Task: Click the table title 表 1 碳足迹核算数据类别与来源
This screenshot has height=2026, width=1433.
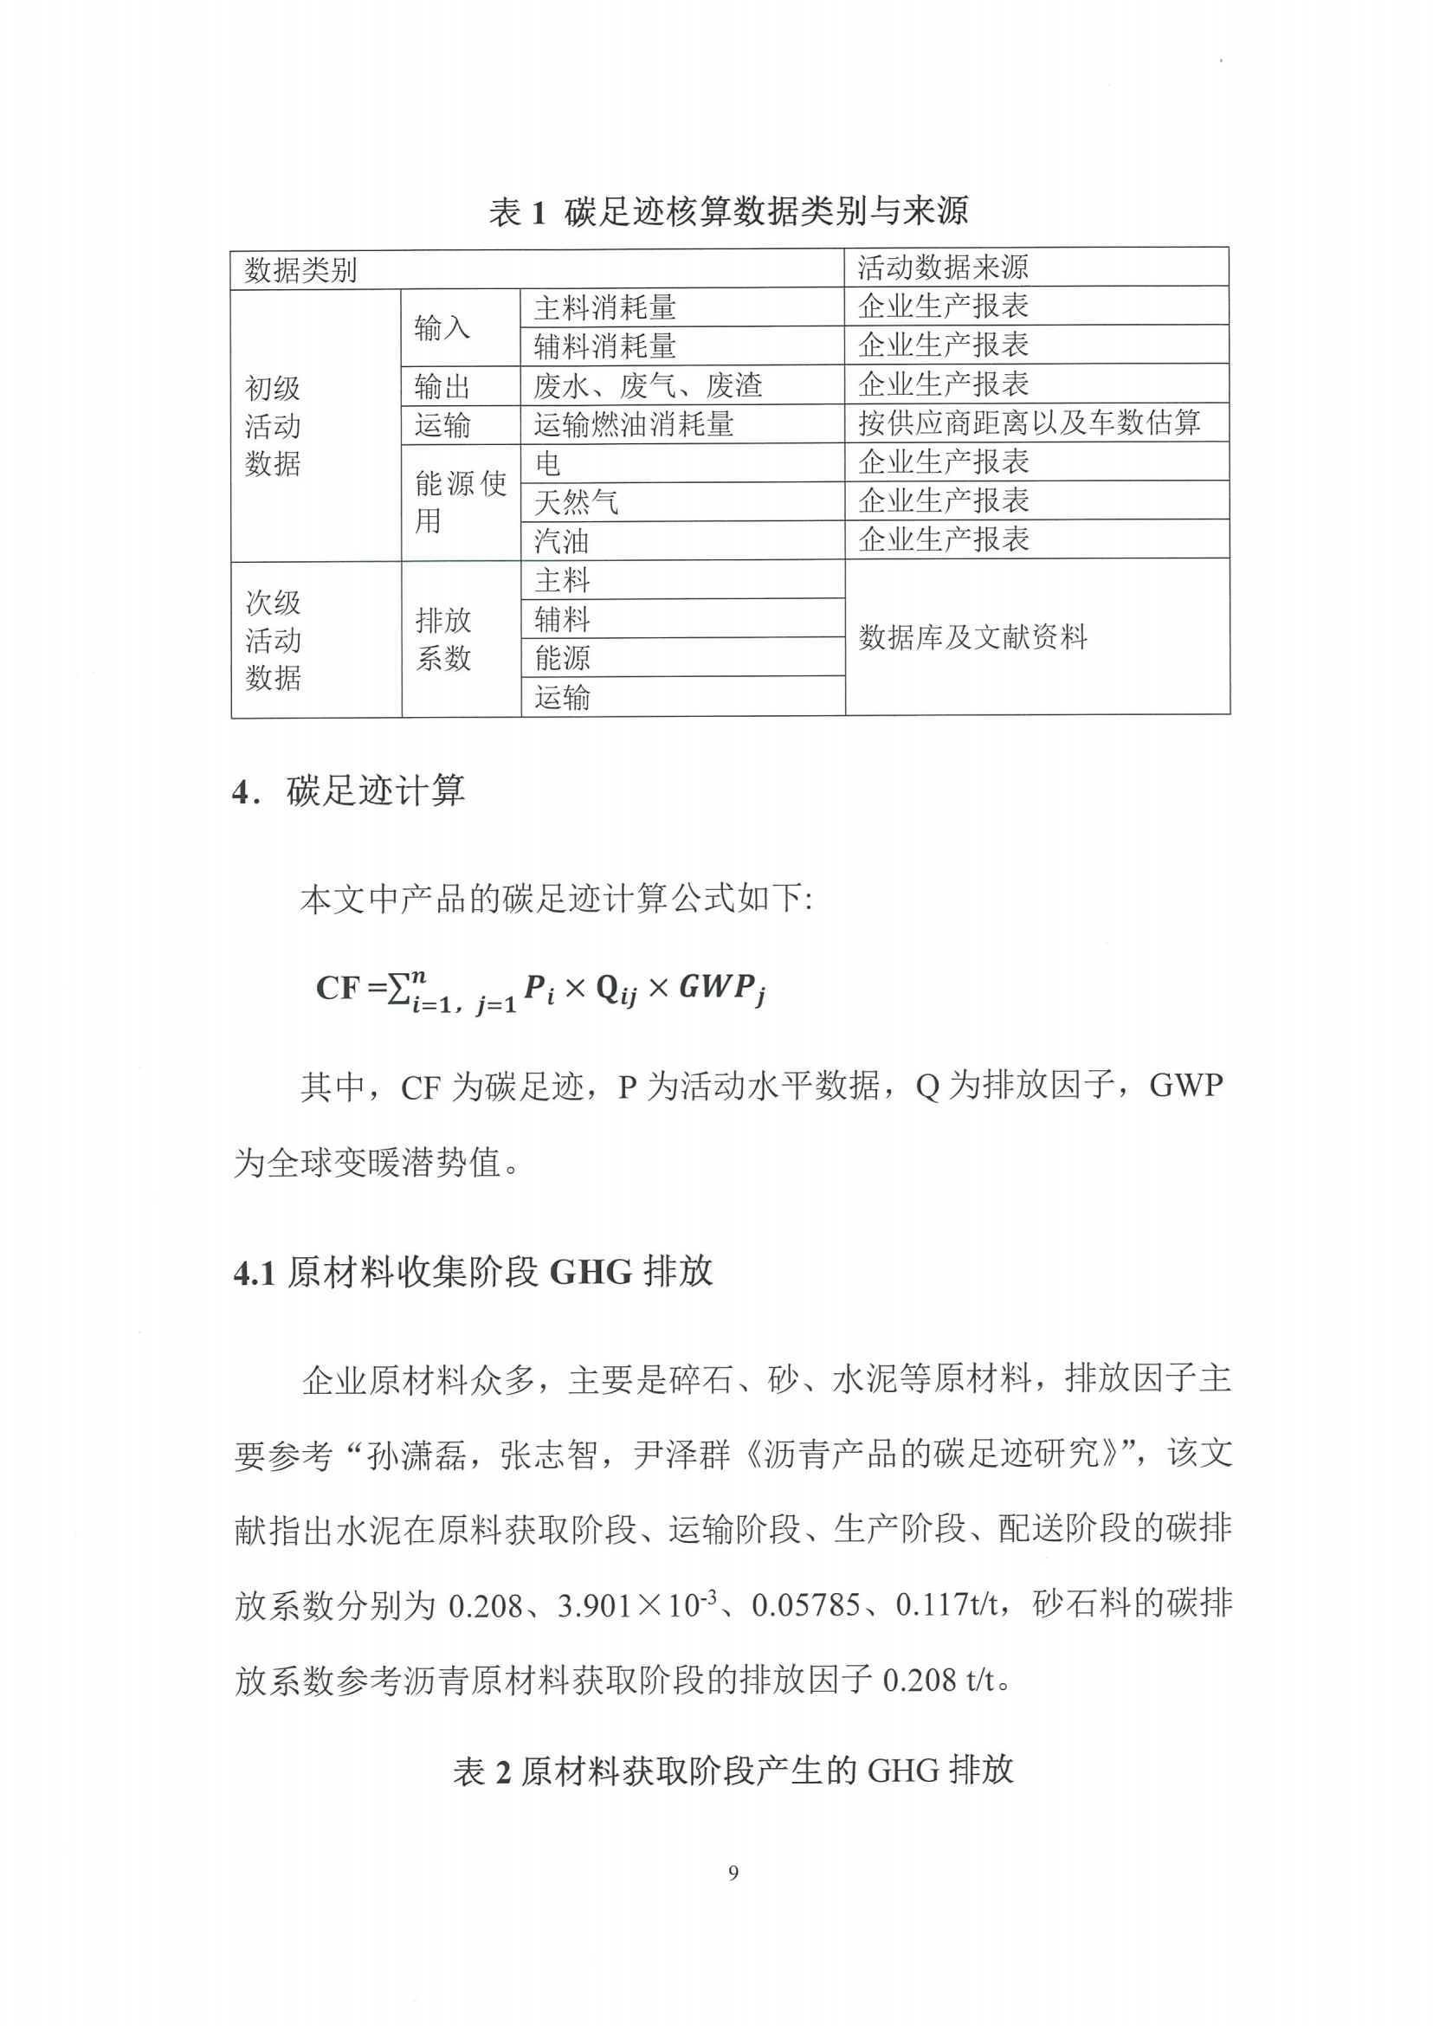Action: [728, 212]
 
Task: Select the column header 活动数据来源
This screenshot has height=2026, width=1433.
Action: [942, 267]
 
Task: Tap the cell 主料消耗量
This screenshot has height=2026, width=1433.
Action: [604, 308]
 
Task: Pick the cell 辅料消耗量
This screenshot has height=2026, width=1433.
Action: [604, 346]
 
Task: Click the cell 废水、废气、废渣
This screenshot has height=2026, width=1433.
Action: [647, 385]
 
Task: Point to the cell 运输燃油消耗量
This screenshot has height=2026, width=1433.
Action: [633, 424]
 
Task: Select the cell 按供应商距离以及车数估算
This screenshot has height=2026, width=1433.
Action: [1029, 423]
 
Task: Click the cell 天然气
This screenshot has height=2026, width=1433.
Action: [575, 502]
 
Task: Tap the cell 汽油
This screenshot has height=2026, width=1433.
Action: [560, 541]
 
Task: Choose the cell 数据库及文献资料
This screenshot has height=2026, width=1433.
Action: [972, 636]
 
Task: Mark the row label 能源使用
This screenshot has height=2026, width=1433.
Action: [460, 501]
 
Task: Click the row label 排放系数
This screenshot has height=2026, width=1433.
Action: [443, 639]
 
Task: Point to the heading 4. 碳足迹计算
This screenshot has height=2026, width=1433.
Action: [349, 790]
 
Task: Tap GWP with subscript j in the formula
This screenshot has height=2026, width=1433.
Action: [721, 988]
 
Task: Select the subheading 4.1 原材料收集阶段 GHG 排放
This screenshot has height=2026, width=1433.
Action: [473, 1272]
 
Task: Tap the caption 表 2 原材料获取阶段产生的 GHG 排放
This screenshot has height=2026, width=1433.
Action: [733, 1770]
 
